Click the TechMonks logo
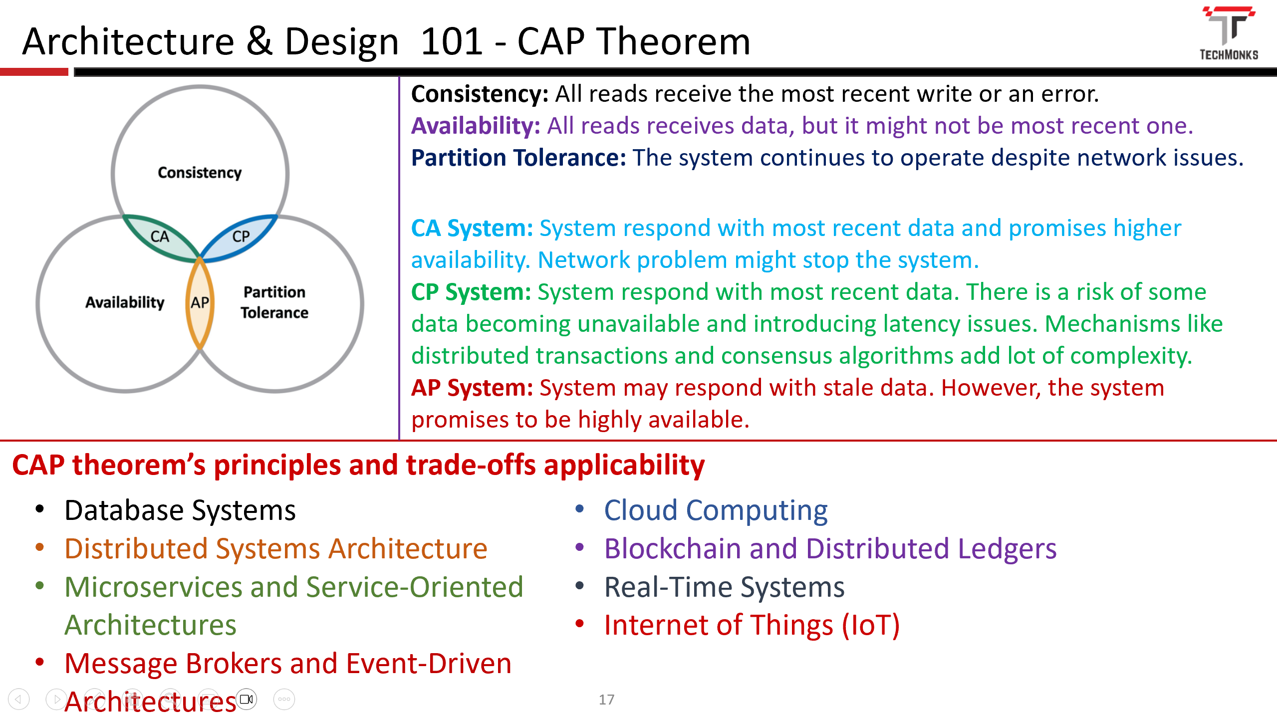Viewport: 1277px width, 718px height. pyautogui.click(x=1229, y=33)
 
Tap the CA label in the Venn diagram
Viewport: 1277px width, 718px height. pyautogui.click(x=160, y=237)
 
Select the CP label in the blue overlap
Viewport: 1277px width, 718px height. pyautogui.click(x=241, y=236)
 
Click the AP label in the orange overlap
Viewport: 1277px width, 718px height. pyautogui.click(x=200, y=302)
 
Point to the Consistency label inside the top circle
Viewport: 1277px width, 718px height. pyautogui.click(x=200, y=173)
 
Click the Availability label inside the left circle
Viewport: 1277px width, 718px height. pyautogui.click(x=125, y=302)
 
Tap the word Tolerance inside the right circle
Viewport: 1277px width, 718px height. pyautogui.click(x=274, y=313)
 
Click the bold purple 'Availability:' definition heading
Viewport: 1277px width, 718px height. pyautogui.click(x=475, y=126)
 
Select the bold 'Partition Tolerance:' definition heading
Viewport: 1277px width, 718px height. pyautogui.click(x=518, y=158)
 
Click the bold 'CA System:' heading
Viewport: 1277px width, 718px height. pyautogui.click(x=472, y=228)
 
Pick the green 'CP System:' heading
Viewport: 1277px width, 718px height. pyautogui.click(x=471, y=292)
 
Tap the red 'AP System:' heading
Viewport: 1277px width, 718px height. pyautogui.click(x=472, y=388)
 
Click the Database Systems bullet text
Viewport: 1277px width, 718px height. pyautogui.click(x=180, y=510)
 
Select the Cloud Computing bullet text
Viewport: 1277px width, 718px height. pyautogui.click(x=716, y=510)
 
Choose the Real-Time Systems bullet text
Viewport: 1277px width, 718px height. pyautogui.click(x=724, y=587)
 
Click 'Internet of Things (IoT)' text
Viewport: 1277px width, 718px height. pyautogui.click(x=752, y=625)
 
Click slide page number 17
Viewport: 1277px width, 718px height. pyautogui.click(x=606, y=700)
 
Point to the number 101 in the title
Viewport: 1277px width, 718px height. pyautogui.click(x=451, y=41)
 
